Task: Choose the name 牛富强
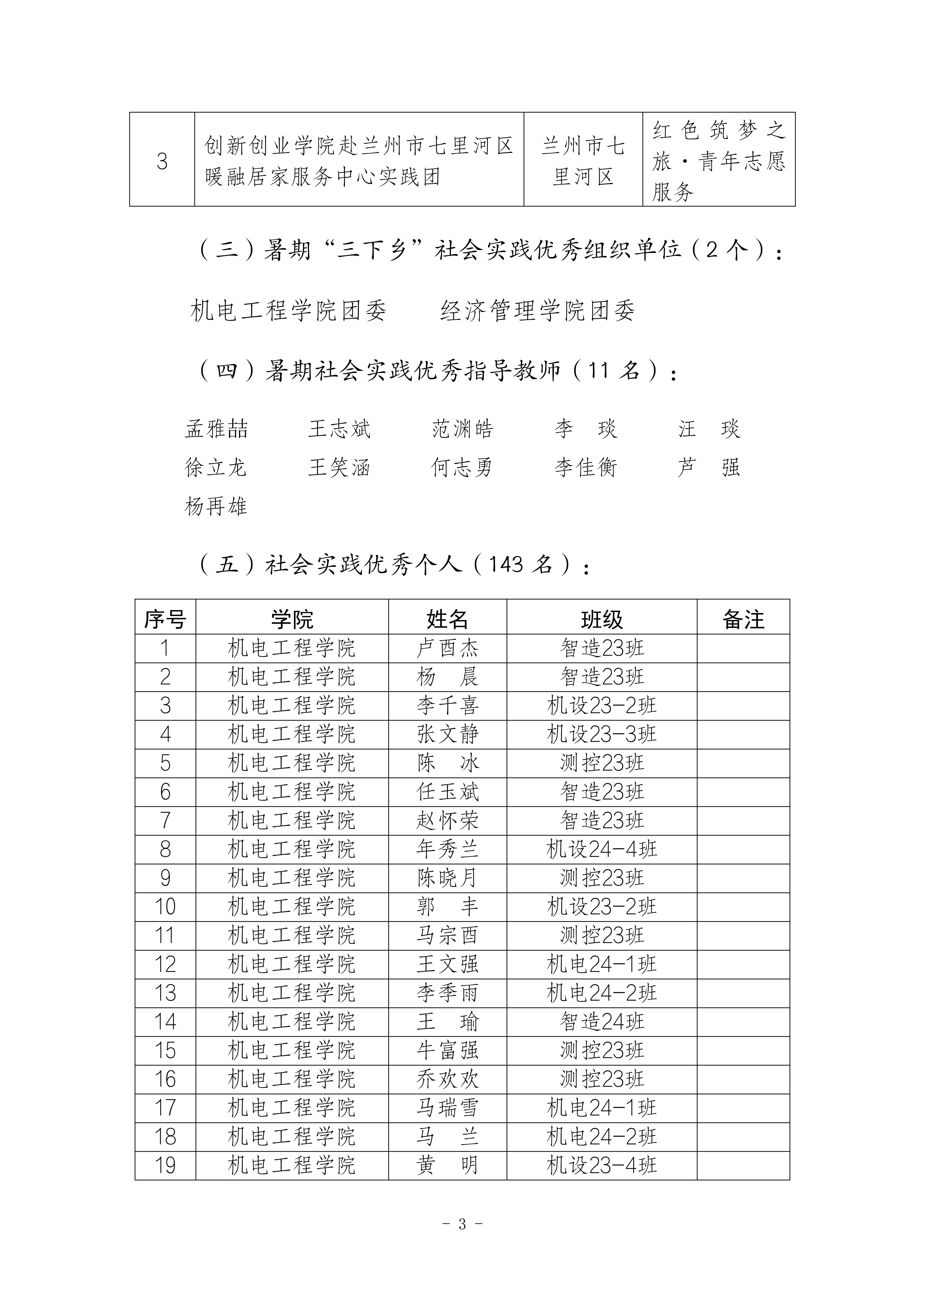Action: (x=447, y=1050)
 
